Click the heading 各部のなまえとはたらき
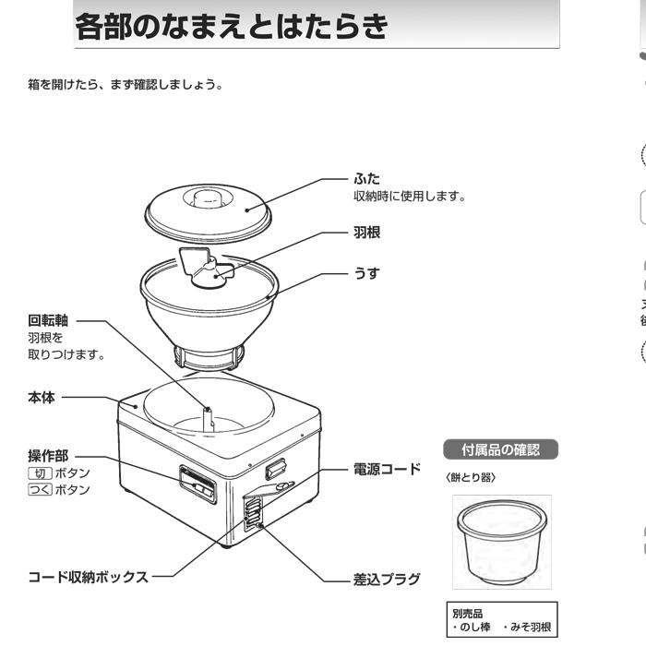click(x=231, y=28)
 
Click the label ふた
click(x=366, y=178)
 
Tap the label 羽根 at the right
click(x=366, y=233)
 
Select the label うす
click(x=366, y=274)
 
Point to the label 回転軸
click(x=48, y=321)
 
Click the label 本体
click(x=41, y=398)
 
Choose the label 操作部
click(x=48, y=456)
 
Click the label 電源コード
click(x=387, y=470)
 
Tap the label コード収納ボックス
click(x=87, y=577)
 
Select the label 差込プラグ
click(x=387, y=580)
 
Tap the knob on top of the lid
click(x=206, y=197)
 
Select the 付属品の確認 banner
click(x=500, y=449)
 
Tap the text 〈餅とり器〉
click(x=471, y=477)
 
